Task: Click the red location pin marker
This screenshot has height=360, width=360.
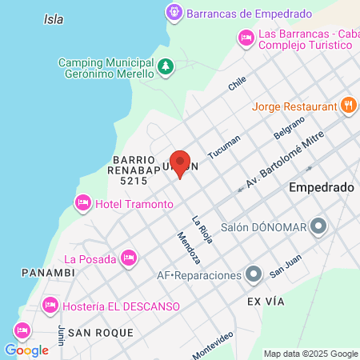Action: click(181, 163)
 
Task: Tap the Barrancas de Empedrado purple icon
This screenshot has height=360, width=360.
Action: click(174, 13)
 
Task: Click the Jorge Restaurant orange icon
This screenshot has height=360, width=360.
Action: click(348, 106)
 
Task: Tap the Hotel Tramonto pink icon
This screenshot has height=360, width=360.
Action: click(82, 204)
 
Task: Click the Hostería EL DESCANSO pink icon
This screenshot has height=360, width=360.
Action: click(50, 306)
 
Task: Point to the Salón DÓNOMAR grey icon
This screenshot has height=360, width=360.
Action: click(319, 226)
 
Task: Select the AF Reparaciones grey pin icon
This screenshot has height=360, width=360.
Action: click(254, 275)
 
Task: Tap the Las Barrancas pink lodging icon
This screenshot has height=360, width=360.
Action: click(246, 37)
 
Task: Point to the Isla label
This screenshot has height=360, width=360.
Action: click(54, 18)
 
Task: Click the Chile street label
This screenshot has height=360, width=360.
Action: click(238, 83)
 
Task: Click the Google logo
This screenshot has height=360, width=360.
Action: click(26, 350)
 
